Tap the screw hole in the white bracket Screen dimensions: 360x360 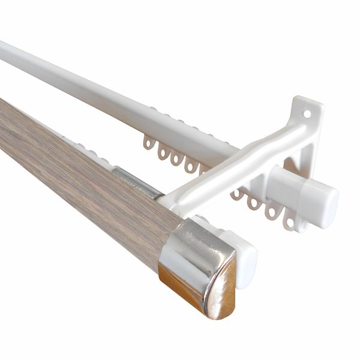tap(307, 113)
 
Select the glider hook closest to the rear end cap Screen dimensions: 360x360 tap(289, 221)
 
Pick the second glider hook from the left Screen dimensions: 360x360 tap(163, 152)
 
